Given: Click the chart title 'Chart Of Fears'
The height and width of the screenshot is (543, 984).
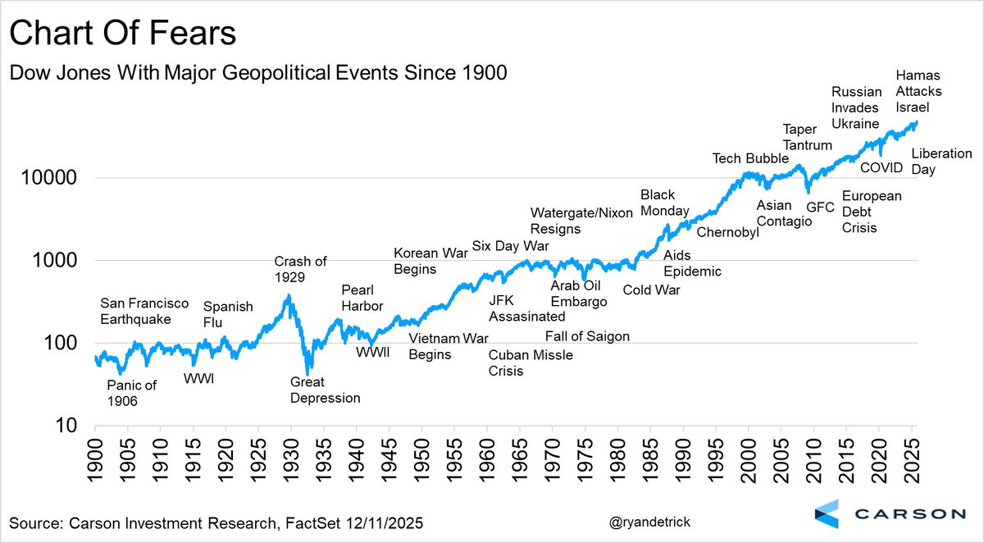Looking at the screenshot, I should pyautogui.click(x=122, y=34).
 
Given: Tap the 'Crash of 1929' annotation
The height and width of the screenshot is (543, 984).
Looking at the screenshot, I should pyautogui.click(x=300, y=269).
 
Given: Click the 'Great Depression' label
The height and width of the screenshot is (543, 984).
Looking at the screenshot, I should pyautogui.click(x=326, y=390).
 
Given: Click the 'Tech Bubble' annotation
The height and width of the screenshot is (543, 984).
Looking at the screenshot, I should pyautogui.click(x=750, y=158).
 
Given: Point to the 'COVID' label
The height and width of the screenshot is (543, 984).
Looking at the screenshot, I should pyautogui.click(x=881, y=168).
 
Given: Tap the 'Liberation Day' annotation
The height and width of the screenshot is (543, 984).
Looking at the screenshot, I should pyautogui.click(x=941, y=162).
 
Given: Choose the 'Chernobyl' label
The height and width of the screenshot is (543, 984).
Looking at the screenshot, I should pyautogui.click(x=728, y=232).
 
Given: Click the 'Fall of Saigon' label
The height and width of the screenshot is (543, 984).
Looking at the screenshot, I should pyautogui.click(x=587, y=336).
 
